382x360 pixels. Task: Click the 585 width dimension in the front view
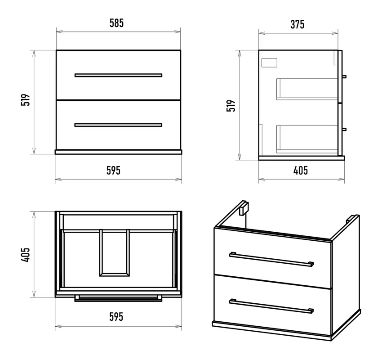(x=116, y=23)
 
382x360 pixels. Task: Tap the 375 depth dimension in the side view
(x=297, y=24)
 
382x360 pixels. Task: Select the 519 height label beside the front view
(x=26, y=99)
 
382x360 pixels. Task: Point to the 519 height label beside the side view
(x=231, y=106)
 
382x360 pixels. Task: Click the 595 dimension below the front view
(x=113, y=171)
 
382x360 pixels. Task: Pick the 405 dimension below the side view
(x=300, y=171)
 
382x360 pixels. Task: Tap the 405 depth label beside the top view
(x=26, y=255)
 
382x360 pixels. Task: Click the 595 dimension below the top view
(x=116, y=317)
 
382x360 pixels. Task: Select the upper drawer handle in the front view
(x=118, y=75)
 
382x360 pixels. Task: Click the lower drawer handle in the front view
(x=118, y=125)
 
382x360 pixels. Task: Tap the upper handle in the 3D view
(x=271, y=260)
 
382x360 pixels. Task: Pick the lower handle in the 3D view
(x=271, y=306)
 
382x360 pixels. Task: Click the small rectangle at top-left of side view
(x=269, y=63)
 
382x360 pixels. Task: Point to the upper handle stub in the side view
(x=344, y=77)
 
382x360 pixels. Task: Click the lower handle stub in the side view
(x=344, y=129)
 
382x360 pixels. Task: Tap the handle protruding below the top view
(x=118, y=298)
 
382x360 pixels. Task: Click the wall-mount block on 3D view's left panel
(x=244, y=208)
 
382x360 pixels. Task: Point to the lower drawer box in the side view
(x=307, y=139)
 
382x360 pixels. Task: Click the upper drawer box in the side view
(x=307, y=89)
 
